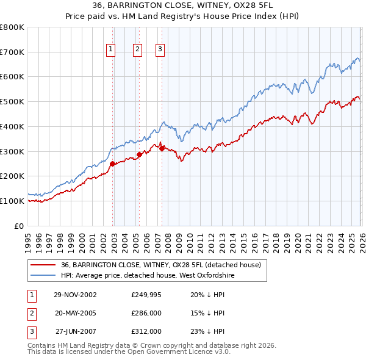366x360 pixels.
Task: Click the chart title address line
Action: (x=183, y=5)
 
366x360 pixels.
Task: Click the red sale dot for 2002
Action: (x=113, y=164)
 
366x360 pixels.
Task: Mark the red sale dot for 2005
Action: (x=139, y=154)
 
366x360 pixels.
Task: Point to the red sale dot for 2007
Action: (x=162, y=148)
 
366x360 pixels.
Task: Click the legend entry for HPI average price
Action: (x=148, y=275)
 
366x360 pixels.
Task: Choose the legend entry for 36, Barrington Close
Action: (x=161, y=265)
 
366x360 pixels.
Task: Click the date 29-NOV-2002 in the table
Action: (x=75, y=295)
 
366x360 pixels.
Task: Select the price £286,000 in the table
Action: (x=146, y=313)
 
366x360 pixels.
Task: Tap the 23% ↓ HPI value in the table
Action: (x=207, y=331)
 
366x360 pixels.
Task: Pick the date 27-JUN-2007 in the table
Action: (x=75, y=331)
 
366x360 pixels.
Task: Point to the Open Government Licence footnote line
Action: (x=129, y=352)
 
